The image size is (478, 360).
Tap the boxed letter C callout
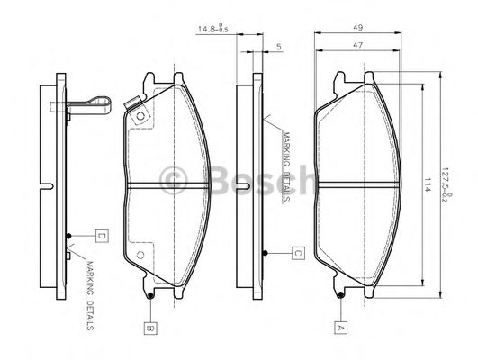(296, 253)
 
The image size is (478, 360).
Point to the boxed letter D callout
(102, 237)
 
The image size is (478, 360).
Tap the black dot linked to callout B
(149, 293)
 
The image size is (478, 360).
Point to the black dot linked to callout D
(69, 237)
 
